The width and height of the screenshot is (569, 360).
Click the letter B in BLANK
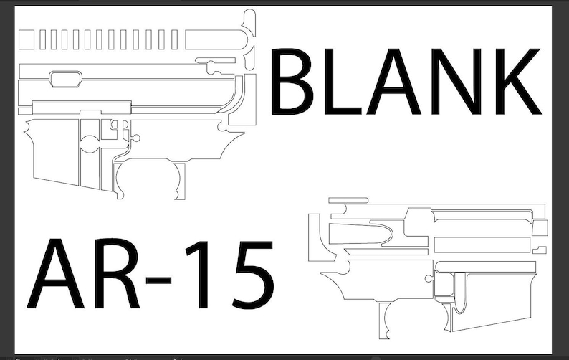295,82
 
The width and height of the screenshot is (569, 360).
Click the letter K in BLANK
515,82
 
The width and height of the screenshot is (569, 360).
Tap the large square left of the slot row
27,40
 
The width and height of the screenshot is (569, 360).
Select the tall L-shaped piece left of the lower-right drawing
313,237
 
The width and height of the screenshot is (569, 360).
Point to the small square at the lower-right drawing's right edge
541,227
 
